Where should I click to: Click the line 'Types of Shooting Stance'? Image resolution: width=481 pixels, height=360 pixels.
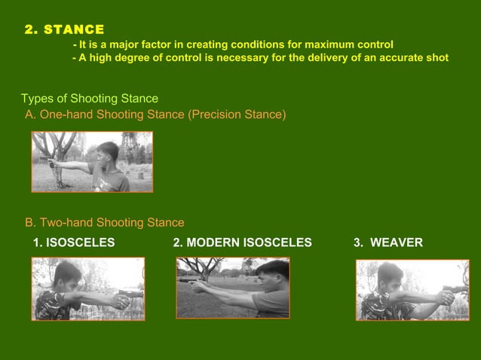tap(89, 99)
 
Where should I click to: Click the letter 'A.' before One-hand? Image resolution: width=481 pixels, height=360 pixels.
tap(31, 114)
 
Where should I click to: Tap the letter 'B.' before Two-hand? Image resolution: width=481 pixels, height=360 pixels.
tap(31, 222)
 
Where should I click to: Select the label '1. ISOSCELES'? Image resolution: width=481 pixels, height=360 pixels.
tap(74, 243)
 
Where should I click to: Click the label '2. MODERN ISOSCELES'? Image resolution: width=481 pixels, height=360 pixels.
tap(242, 243)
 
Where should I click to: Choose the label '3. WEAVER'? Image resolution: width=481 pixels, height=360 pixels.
tap(388, 243)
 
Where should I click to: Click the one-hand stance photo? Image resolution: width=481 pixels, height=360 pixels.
tap(92, 161)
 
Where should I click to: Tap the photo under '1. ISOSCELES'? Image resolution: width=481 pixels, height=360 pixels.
tap(87, 288)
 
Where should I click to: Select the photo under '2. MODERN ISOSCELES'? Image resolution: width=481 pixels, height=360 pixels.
tap(232, 287)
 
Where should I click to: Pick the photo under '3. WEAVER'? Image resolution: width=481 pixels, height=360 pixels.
tap(412, 290)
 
